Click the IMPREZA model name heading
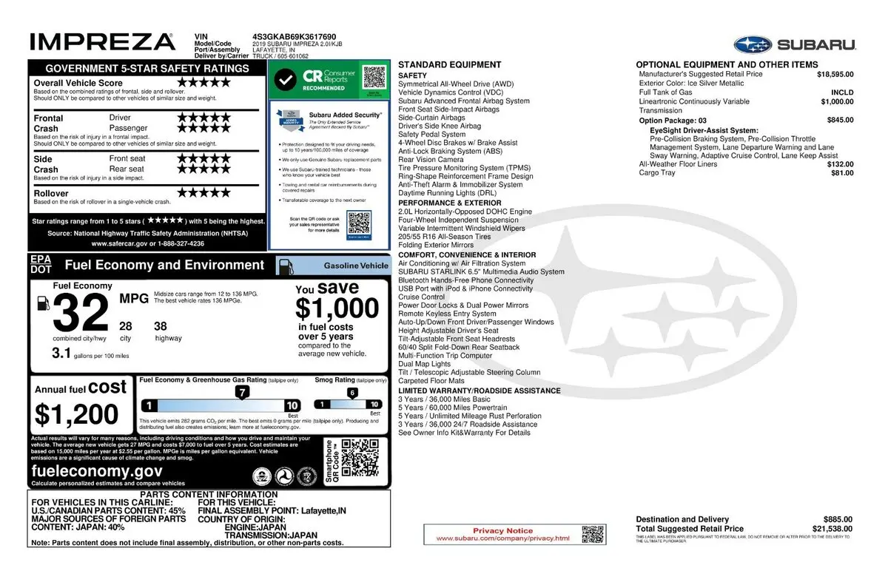[102, 41]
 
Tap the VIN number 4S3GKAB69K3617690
[294, 36]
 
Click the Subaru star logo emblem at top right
[753, 44]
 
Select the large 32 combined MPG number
[81, 314]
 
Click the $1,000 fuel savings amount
[337, 308]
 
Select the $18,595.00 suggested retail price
[835, 74]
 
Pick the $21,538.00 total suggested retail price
[832, 529]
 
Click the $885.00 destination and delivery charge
[838, 519]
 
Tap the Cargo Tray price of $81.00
[841, 173]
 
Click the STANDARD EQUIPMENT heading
[439, 65]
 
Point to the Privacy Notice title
[502, 530]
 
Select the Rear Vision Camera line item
[431, 160]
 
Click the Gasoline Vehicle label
[355, 266]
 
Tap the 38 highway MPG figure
[161, 326]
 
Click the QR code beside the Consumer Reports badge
[375, 77]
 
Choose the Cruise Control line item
[422, 297]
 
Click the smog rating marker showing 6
[352, 393]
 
